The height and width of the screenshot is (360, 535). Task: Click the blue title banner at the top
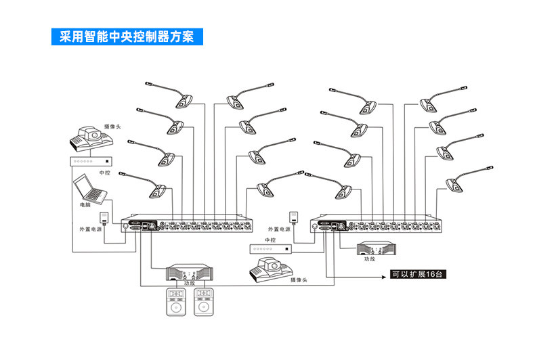point(127,37)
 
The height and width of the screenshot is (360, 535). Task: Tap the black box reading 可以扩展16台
point(418,275)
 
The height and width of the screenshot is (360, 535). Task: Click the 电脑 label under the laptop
point(85,205)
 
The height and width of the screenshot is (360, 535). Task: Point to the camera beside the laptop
point(91,139)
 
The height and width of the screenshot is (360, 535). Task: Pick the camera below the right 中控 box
point(272,269)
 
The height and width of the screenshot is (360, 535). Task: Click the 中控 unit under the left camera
point(91,161)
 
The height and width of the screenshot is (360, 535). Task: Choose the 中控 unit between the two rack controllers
point(271,249)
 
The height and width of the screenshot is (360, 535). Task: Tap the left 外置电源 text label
point(91,229)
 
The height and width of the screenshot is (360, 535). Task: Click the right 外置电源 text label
point(279,229)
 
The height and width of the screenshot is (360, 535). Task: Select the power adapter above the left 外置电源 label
point(104,218)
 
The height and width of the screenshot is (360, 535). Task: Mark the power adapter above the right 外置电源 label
point(293,217)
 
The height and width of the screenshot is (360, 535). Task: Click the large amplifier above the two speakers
point(190,273)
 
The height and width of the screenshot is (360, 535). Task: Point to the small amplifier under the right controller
point(377,248)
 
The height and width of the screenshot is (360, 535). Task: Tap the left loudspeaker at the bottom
point(176,302)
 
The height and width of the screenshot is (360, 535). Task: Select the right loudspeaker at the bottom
point(204,302)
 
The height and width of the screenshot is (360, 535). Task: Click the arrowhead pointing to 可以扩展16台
point(383,277)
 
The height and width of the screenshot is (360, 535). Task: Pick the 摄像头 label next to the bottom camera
point(299,280)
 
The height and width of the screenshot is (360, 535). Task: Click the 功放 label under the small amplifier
point(370,259)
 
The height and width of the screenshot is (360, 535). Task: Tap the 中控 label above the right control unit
point(270,240)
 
